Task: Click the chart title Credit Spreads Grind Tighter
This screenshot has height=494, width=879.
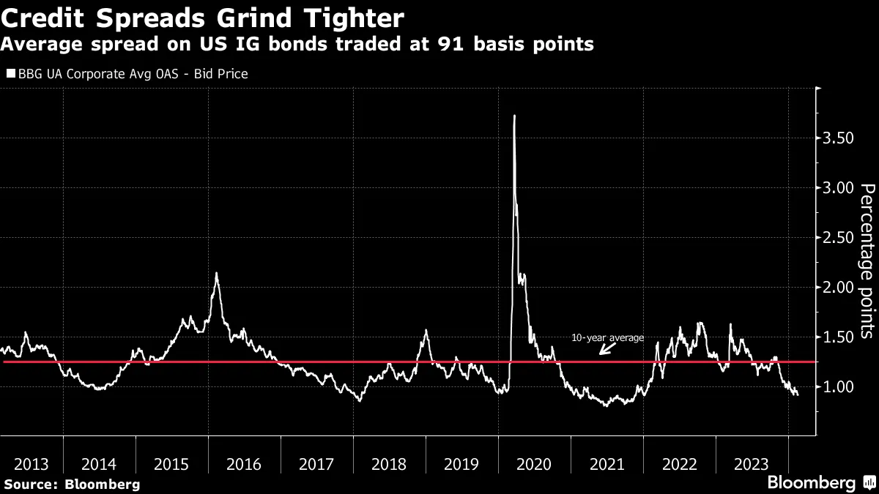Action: pos(202,16)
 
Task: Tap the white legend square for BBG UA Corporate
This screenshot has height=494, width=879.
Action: pos(10,74)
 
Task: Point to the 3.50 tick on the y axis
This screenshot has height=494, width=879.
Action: pos(836,138)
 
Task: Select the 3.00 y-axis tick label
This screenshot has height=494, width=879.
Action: pos(836,188)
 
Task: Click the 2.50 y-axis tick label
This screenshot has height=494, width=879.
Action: pos(836,238)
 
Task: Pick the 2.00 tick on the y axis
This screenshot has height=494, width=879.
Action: pos(836,288)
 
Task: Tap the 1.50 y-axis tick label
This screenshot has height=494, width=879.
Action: pos(836,337)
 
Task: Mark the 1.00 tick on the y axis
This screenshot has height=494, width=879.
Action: pos(836,386)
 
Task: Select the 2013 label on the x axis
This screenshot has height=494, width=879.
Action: pos(31,464)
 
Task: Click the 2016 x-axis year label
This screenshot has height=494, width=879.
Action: pos(244,464)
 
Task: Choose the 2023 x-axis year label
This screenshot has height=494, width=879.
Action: pos(751,464)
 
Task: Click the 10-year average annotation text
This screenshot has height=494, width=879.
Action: pos(607,337)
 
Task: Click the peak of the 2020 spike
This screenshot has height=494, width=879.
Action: pos(514,116)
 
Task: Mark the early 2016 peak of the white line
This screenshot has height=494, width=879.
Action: pos(216,274)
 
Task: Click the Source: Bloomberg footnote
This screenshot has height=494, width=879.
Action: pos(71,484)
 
